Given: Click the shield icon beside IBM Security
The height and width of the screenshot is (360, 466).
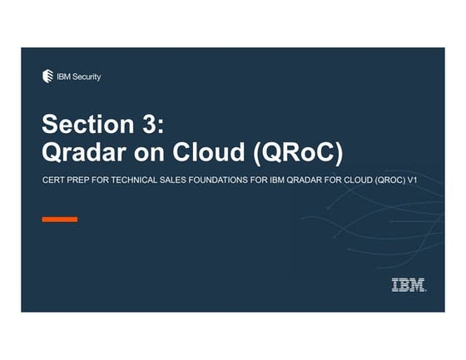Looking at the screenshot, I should (47, 76).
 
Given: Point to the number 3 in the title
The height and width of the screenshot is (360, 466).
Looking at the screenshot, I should (155, 126).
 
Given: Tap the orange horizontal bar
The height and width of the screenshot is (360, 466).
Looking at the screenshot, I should (60, 219).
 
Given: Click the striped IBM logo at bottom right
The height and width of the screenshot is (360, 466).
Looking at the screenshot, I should (409, 286).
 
